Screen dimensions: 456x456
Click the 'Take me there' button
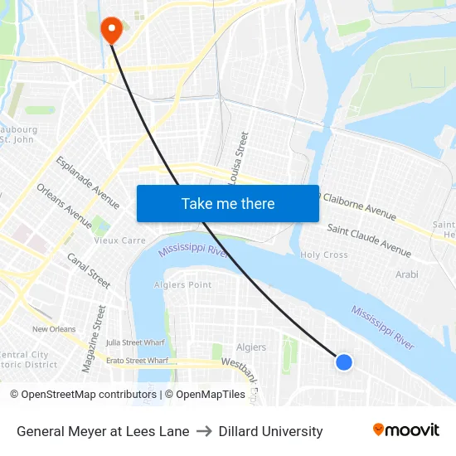click(228, 203)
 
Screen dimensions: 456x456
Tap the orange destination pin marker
click(110, 30)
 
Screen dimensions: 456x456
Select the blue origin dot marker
click(344, 361)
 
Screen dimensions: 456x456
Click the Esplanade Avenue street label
click(88, 182)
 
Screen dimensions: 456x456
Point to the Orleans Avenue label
click(65, 206)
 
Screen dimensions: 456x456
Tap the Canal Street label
click(89, 270)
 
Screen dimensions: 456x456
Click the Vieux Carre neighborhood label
click(119, 240)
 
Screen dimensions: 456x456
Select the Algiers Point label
click(183, 285)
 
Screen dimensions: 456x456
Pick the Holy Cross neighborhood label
click(324, 255)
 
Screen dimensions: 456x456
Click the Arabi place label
click(406, 274)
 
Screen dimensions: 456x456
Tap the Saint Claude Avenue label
click(369, 240)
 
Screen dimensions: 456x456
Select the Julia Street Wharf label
click(136, 342)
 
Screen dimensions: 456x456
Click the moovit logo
click(405, 430)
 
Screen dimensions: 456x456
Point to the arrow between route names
click(204, 431)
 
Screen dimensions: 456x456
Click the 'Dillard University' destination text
click(271, 431)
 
